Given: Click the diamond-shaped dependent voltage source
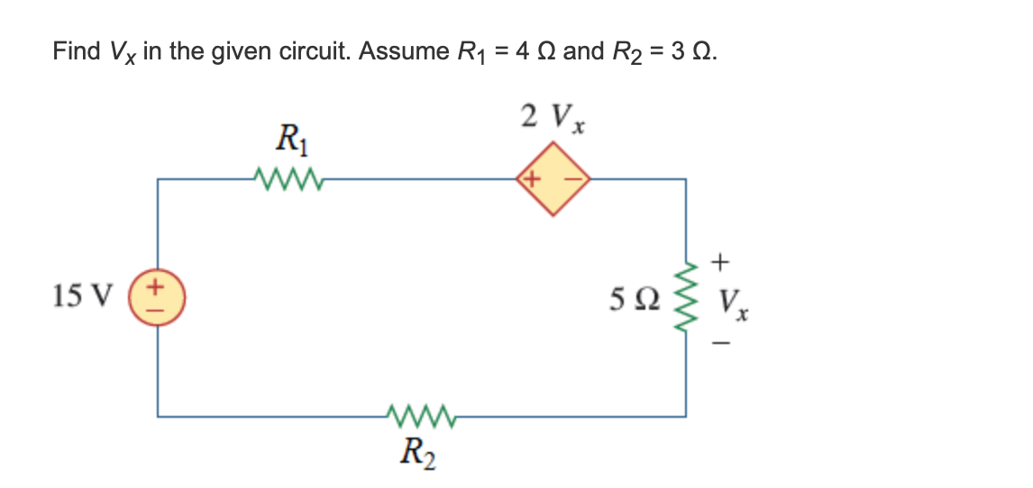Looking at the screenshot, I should (x=553, y=180).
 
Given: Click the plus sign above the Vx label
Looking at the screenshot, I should (x=719, y=262).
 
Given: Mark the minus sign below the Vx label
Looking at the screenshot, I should (x=720, y=342).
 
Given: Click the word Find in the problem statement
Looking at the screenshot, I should (x=77, y=51).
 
